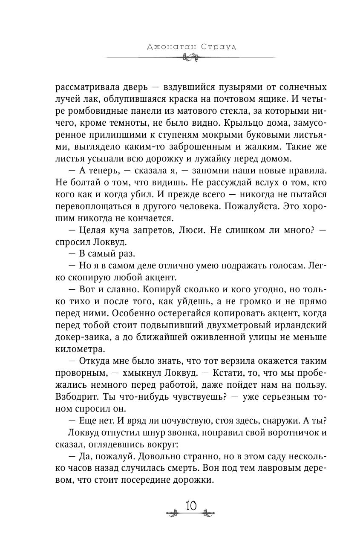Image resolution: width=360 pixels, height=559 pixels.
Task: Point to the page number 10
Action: pos(190,506)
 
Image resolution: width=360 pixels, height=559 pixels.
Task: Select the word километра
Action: pos(79,349)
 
